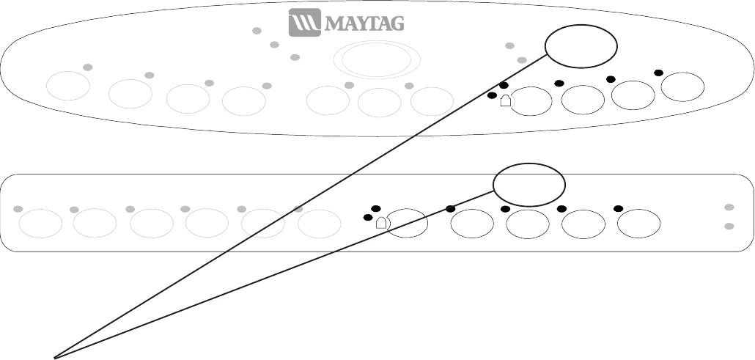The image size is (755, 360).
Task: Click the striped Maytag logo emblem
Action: (x=303, y=23)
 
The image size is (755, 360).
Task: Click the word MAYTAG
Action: (x=364, y=23)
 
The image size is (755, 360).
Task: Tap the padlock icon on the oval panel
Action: (x=505, y=101)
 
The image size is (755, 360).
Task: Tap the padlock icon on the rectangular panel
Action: (x=380, y=223)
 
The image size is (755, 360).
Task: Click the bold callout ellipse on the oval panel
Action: (x=581, y=46)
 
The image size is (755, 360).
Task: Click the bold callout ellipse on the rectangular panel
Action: (x=528, y=185)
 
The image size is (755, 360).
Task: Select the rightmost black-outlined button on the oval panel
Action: (x=682, y=87)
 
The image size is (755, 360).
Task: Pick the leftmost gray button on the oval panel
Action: (x=68, y=86)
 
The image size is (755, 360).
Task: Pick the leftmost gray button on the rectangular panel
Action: (x=40, y=224)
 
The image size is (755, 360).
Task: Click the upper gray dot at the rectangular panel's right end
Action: (x=729, y=207)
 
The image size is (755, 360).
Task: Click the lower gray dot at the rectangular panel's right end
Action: (x=729, y=226)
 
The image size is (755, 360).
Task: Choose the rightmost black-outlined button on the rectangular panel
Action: (x=639, y=224)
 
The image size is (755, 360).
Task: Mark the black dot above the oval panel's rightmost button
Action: (x=658, y=73)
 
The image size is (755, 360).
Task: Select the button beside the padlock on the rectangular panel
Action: (x=407, y=224)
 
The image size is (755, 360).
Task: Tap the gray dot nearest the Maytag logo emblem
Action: (x=257, y=31)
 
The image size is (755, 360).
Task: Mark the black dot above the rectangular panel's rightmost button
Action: (x=618, y=208)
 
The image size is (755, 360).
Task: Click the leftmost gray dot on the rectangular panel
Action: (x=18, y=209)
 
